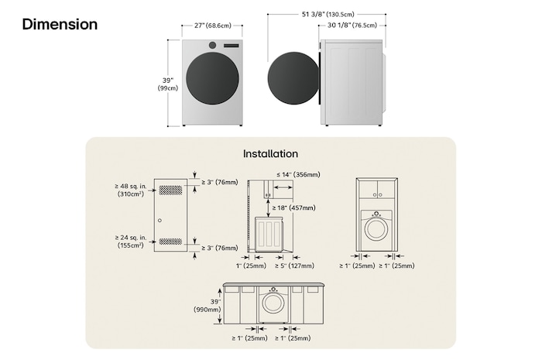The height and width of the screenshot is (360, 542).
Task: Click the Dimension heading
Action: click(x=60, y=24)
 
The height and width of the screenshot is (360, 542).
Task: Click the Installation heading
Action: click(x=270, y=153)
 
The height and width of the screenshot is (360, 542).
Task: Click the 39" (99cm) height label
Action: click(x=167, y=83)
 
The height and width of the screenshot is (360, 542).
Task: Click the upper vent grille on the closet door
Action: click(x=170, y=190)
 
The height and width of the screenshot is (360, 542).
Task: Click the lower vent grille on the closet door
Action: click(x=170, y=241)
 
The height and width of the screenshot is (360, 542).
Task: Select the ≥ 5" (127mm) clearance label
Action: click(x=295, y=266)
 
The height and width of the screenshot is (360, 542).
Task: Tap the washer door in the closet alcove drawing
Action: click(x=376, y=228)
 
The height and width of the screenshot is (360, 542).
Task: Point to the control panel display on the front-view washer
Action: click(x=232, y=46)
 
